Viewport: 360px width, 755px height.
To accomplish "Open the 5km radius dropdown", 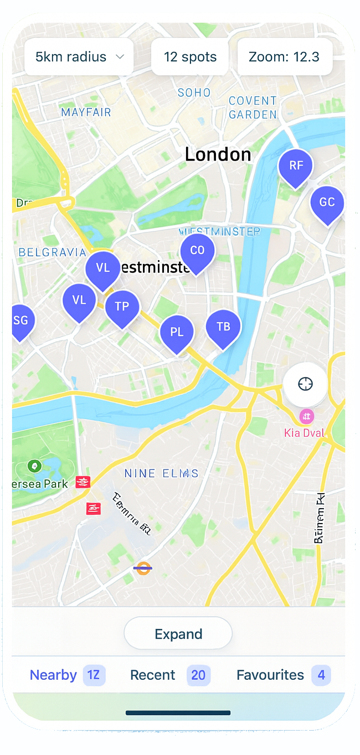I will [79, 57].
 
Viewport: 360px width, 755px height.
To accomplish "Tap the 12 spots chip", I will [190, 57].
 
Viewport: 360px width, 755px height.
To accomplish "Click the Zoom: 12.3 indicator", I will [284, 57].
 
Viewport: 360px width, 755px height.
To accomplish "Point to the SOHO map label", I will [194, 93].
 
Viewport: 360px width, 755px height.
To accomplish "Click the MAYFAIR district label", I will [86, 112].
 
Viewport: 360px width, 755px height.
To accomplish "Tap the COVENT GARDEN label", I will [253, 107].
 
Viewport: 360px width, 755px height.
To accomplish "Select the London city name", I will [218, 154].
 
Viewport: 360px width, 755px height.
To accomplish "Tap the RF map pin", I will [296, 166].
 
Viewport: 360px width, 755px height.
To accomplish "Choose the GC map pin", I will [327, 203].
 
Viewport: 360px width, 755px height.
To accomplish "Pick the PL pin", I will [177, 333].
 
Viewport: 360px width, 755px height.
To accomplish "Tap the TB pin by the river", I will [223, 327].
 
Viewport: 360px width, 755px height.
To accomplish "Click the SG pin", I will [21, 321].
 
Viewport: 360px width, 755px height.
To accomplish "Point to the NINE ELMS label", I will [161, 474].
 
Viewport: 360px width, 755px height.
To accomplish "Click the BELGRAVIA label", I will [53, 253].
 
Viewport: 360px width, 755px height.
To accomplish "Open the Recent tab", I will [169, 675].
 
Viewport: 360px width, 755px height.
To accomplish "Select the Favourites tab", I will [283, 675].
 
